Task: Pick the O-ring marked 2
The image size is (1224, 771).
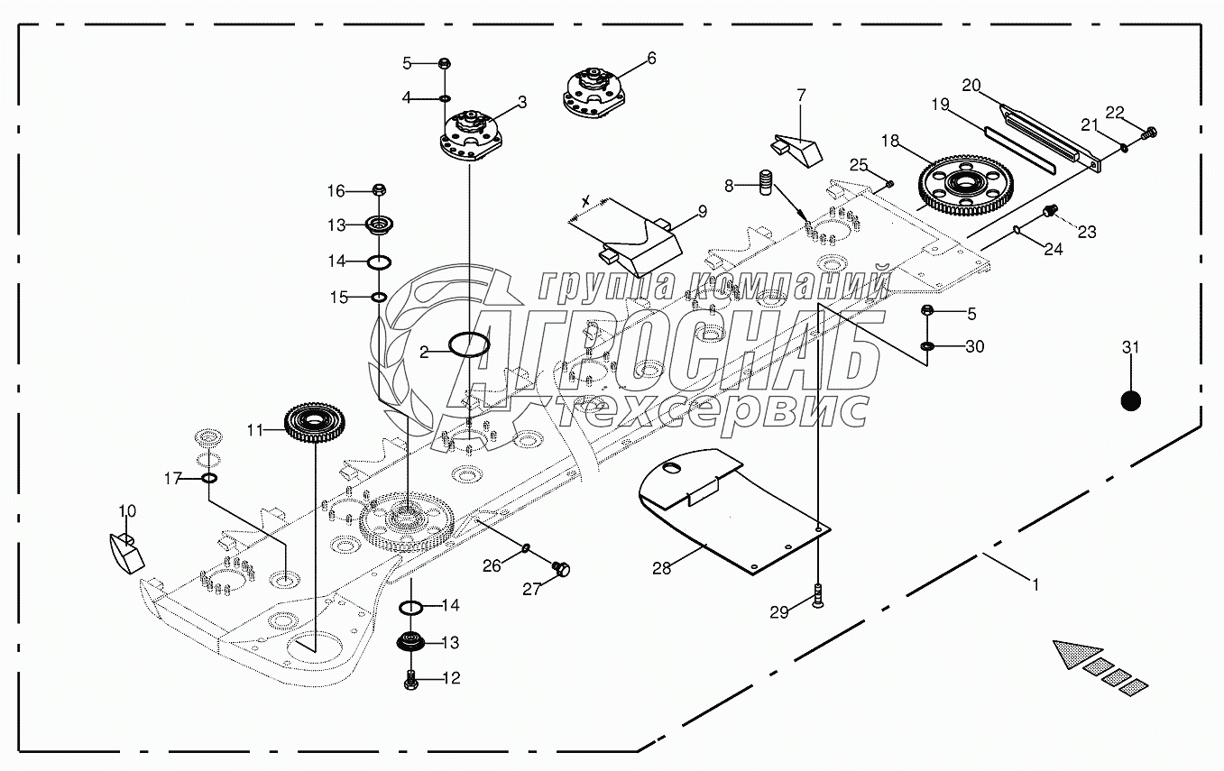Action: click(469, 344)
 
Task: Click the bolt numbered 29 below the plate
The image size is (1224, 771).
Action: click(818, 596)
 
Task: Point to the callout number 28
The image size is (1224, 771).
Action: click(663, 568)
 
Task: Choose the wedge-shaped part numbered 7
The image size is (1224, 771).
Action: click(796, 147)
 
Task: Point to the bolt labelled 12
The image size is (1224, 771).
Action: click(410, 679)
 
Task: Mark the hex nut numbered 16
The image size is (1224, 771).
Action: click(380, 190)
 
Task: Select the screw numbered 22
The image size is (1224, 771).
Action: click(1149, 133)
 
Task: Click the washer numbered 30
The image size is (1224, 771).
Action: click(927, 346)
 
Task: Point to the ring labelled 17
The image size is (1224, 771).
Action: click(208, 477)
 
